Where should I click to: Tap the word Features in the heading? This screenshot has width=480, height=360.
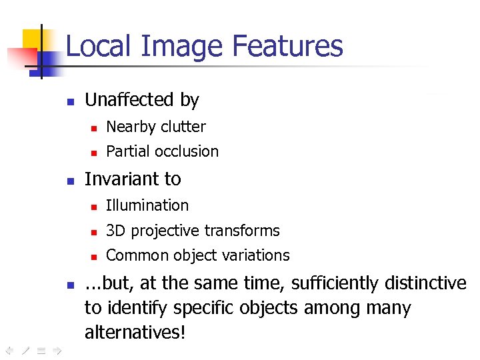click(287, 47)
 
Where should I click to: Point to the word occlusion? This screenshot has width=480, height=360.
click(187, 152)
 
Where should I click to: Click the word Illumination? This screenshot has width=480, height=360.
click(147, 205)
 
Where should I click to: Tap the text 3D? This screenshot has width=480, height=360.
click(116, 231)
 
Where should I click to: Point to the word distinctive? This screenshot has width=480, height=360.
click(425, 284)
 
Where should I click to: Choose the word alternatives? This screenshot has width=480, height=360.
click(135, 332)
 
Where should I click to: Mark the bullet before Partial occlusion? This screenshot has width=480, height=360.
click(94, 153)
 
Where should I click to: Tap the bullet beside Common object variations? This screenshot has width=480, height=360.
click(94, 257)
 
